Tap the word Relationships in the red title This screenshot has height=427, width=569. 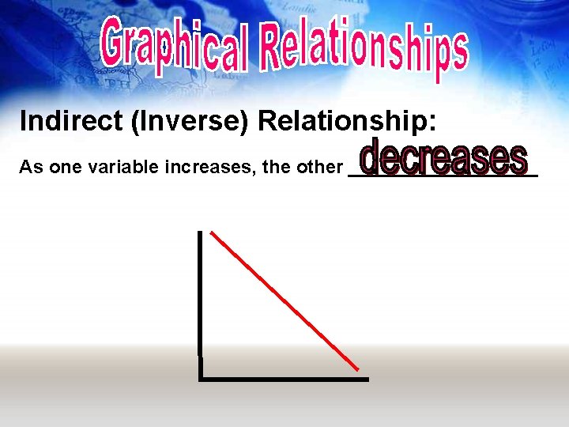point(364,49)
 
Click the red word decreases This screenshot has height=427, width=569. point(442,157)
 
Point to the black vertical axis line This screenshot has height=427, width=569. point(200,293)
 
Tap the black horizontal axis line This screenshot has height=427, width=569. point(284,380)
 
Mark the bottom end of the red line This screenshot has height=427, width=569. point(359,368)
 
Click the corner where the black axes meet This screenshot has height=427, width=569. point(201,379)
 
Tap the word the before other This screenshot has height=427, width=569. point(282,167)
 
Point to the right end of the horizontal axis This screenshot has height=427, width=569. point(367,380)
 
